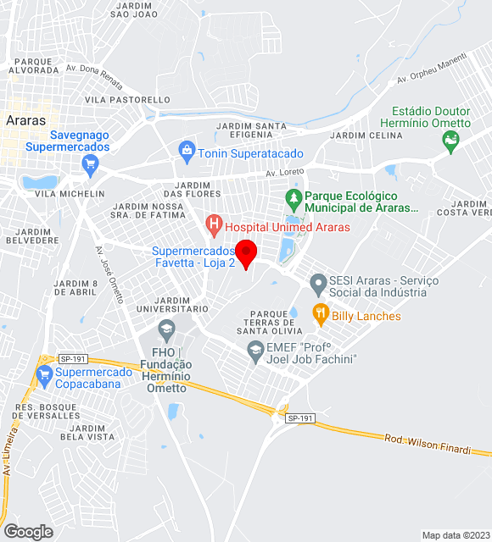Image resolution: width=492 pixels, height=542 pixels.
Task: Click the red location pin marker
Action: click(x=246, y=253)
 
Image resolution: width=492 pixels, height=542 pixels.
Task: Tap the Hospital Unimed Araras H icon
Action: click(x=214, y=226)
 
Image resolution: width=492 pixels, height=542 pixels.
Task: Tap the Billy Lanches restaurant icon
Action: click(x=320, y=315)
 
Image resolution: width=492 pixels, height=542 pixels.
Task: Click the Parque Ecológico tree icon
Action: click(x=294, y=201)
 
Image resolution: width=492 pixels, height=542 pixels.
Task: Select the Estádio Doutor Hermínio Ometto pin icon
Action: click(x=450, y=141)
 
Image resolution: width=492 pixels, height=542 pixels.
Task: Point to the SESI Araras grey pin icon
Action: click(x=318, y=283)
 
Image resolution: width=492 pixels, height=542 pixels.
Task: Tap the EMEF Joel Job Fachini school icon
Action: click(x=255, y=354)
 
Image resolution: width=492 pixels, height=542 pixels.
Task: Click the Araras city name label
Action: click(x=25, y=120)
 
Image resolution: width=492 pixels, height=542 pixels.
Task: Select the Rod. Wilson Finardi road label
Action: click(x=427, y=443)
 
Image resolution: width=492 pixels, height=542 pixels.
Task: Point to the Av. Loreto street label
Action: click(x=283, y=174)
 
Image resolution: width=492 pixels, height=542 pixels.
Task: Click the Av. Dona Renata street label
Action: click(x=94, y=73)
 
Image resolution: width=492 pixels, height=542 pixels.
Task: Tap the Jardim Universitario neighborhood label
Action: click(x=172, y=304)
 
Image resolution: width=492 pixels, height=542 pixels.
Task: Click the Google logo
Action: click(x=28, y=531)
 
